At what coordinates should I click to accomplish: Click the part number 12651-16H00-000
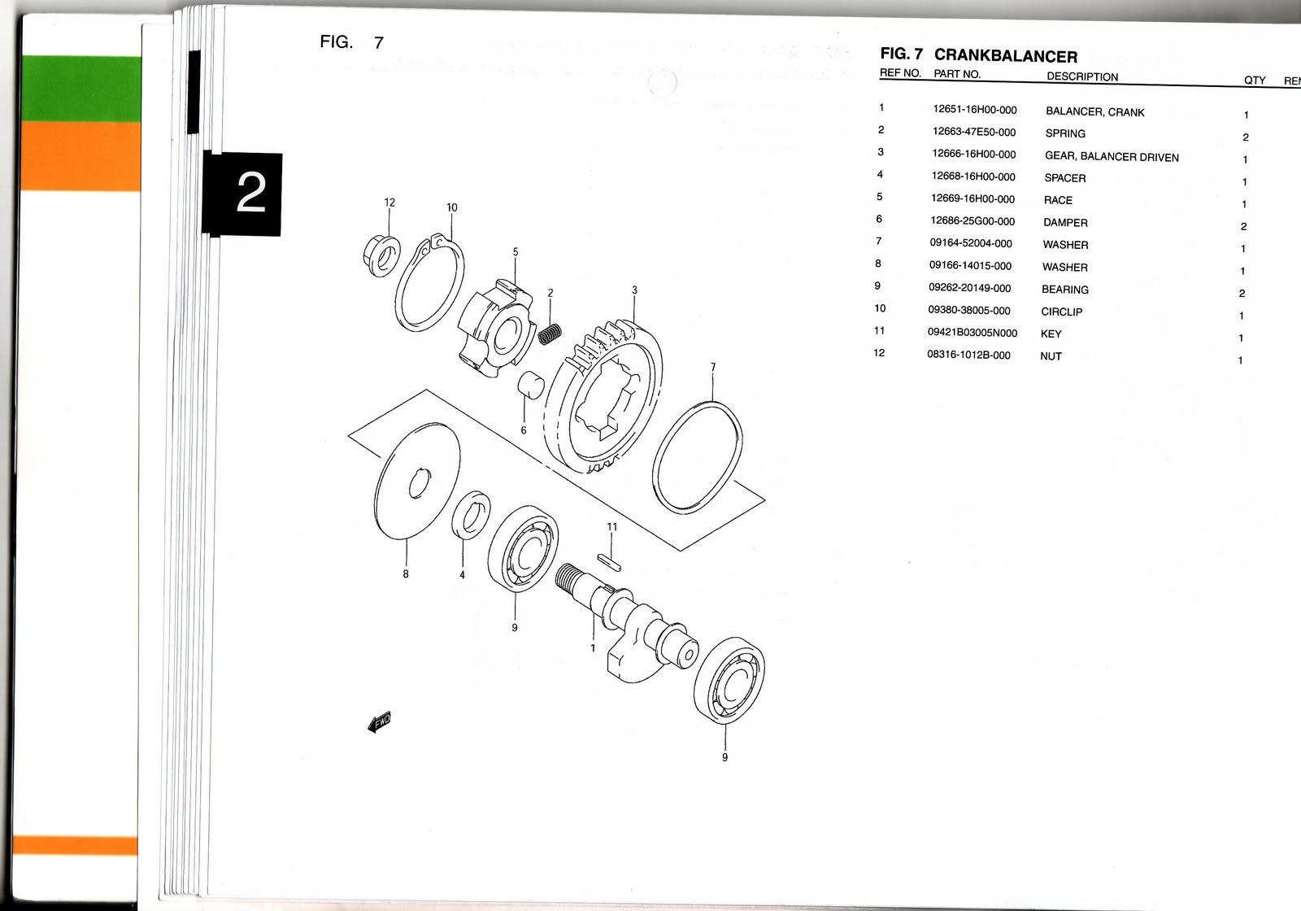pyautogui.click(x=974, y=110)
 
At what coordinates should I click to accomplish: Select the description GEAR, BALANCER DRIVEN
pyautogui.click(x=1111, y=157)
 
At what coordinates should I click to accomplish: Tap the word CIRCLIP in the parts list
pyautogui.click(x=1061, y=312)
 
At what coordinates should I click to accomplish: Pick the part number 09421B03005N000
pyautogui.click(x=972, y=333)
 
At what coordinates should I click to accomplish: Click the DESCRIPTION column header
pyautogui.click(x=1081, y=77)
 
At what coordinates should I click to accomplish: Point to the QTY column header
pyautogui.click(x=1254, y=80)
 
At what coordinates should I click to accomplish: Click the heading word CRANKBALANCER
pyautogui.click(x=1005, y=56)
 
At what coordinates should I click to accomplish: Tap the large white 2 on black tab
pyautogui.click(x=250, y=194)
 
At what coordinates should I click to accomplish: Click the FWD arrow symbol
pyautogui.click(x=380, y=721)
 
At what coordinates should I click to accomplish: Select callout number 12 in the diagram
pyautogui.click(x=389, y=203)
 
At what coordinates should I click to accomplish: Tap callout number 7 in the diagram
pyautogui.click(x=713, y=367)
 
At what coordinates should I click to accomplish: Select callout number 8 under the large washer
pyautogui.click(x=405, y=573)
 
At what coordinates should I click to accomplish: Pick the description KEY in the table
pyautogui.click(x=1051, y=333)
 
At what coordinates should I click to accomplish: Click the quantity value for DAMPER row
pyautogui.click(x=1243, y=227)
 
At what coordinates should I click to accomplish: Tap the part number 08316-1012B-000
pyautogui.click(x=968, y=355)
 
